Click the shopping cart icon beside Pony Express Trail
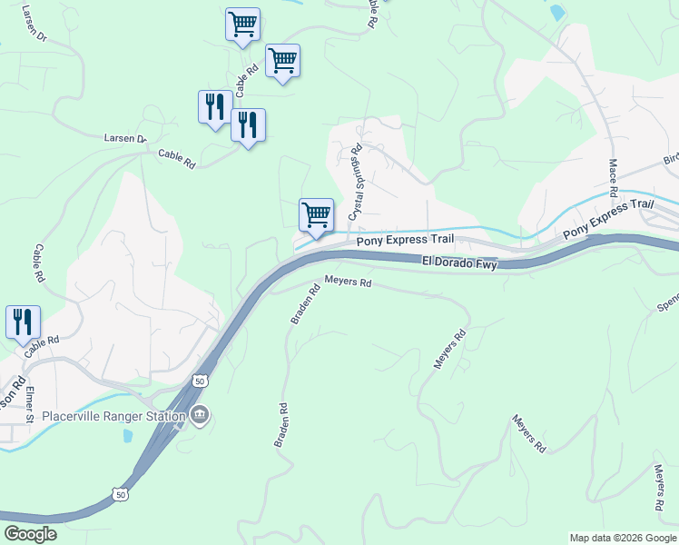pos(316,215)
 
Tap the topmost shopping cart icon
pos(242,25)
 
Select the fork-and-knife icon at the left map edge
pos(23,322)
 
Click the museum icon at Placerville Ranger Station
pos(201,416)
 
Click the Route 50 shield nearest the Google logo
pos(121,494)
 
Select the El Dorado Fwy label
pos(460,262)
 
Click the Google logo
pos(30,534)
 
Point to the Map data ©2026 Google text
pos(622,538)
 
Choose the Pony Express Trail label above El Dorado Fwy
pos(404,241)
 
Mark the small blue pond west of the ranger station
pos(127,435)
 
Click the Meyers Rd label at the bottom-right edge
pos(659,488)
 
